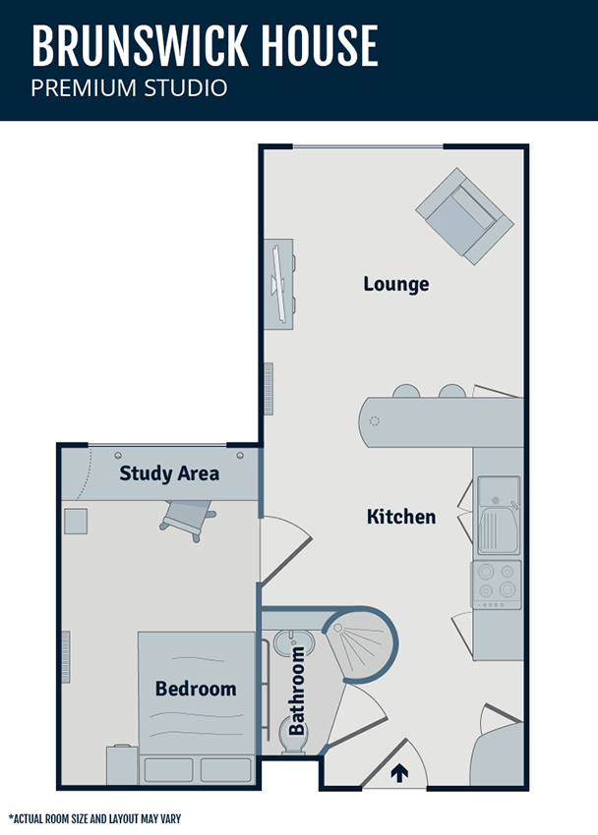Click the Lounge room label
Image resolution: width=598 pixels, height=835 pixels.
tap(396, 284)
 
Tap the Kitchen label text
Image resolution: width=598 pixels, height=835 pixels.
tap(401, 517)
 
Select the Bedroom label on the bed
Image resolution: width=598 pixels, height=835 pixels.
tap(196, 689)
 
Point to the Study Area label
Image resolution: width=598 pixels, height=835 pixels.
tap(169, 473)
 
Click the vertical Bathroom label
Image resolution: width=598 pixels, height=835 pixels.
tap(297, 691)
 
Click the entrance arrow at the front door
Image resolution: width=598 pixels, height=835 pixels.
tap(399, 773)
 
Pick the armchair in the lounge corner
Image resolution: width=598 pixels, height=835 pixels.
tap(464, 216)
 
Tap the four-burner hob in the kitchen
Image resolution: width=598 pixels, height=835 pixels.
tap(496, 584)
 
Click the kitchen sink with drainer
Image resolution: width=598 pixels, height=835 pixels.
tap(499, 516)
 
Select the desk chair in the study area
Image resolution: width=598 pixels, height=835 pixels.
tap(188, 519)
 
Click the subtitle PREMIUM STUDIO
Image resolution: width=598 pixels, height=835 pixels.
tap(129, 87)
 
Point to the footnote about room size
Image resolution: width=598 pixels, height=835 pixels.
tap(94, 818)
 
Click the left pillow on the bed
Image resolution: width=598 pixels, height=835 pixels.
tap(168, 770)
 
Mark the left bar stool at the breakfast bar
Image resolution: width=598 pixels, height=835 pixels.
tap(406, 391)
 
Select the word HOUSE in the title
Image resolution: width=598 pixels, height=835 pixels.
tap(320, 45)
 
